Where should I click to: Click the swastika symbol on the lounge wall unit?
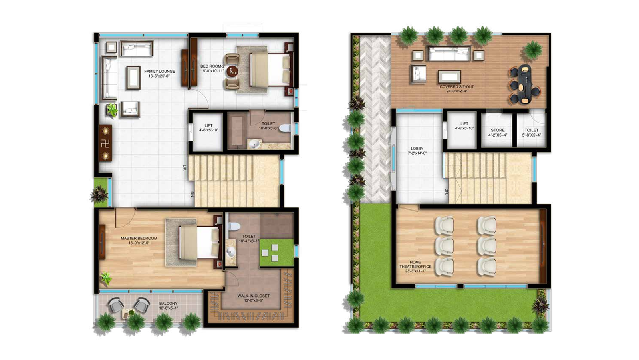click(x=105, y=143)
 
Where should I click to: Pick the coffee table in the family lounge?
click(x=133, y=77)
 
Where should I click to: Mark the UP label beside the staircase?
click(x=184, y=168)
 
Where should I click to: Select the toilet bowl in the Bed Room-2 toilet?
click(x=284, y=128)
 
